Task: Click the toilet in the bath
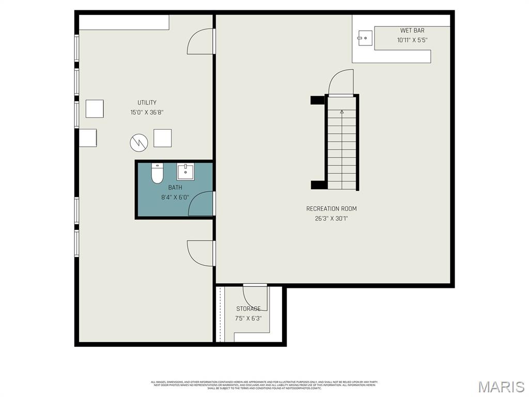(x=157, y=173)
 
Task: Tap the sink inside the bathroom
(x=185, y=171)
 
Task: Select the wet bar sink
(x=365, y=37)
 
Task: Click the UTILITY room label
(x=147, y=103)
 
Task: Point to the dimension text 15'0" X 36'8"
(x=147, y=112)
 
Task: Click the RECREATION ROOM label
(x=331, y=209)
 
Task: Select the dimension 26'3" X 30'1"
(x=331, y=218)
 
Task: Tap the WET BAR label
(x=412, y=30)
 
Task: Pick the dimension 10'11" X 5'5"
(x=412, y=40)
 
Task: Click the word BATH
(x=175, y=188)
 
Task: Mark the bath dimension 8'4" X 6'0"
(x=175, y=197)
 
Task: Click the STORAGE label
(x=248, y=309)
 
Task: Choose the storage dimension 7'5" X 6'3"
(x=248, y=318)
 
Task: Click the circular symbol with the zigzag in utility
(x=138, y=143)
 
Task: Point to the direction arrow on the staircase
(x=341, y=111)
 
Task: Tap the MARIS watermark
(x=501, y=386)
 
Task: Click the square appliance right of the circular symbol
(x=162, y=138)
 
